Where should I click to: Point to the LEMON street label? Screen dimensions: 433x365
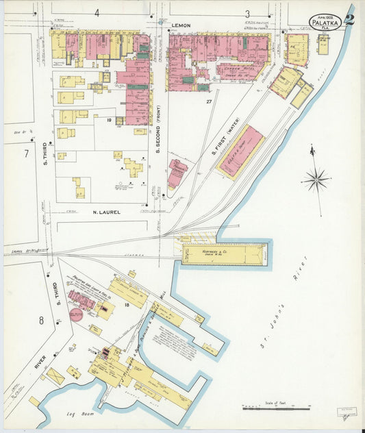[181, 25]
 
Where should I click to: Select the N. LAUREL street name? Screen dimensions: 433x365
[106, 212]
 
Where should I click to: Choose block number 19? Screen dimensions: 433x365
[109, 120]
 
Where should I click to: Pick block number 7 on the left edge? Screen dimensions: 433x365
[26, 153]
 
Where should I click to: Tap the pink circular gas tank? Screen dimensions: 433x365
[76, 314]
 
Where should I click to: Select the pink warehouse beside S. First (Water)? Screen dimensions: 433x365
[241, 151]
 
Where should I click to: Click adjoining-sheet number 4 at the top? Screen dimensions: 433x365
[97, 13]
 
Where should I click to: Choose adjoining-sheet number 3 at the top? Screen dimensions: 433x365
[247, 13]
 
